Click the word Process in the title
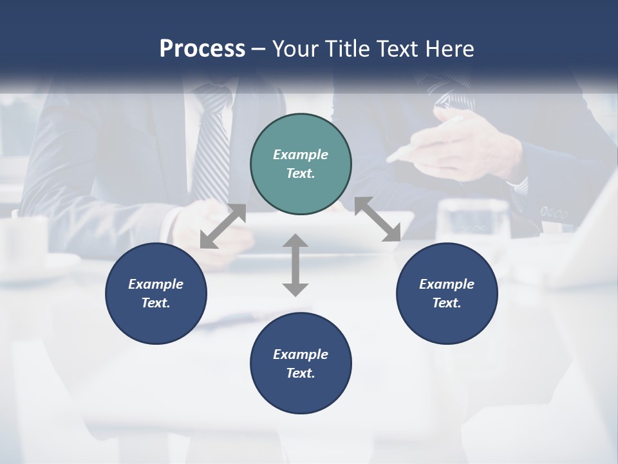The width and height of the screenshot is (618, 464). (202, 49)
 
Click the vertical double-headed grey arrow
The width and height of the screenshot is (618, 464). (295, 265)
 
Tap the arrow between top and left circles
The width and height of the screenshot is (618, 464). (223, 226)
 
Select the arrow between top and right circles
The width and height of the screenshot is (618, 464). (377, 219)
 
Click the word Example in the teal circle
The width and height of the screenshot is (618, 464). (301, 155)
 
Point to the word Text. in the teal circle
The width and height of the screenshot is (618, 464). (301, 173)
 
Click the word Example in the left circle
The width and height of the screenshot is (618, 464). (156, 284)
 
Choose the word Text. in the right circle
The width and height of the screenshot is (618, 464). (447, 303)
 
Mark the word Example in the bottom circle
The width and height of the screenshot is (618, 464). (301, 354)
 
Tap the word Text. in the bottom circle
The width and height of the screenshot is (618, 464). (301, 373)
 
